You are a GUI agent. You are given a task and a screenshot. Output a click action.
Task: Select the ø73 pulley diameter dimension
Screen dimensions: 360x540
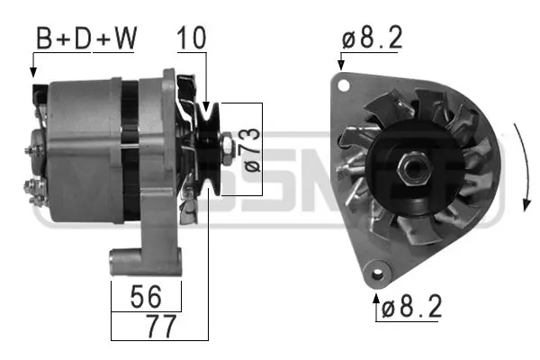pos(251,149)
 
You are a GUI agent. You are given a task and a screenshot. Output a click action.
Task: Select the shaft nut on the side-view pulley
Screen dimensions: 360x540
pos(228,144)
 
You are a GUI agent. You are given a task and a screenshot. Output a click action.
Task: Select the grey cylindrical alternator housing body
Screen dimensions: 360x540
pos(81,144)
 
